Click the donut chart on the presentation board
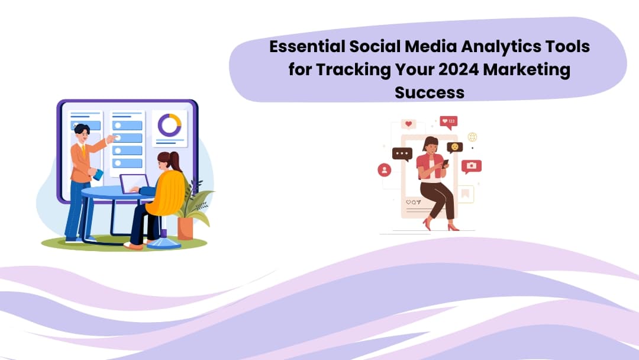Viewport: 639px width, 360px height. tap(169, 125)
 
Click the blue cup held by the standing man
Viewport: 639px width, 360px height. tap(98, 174)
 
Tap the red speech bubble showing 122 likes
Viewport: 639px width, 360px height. tap(448, 122)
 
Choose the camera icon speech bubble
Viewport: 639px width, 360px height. tap(471, 166)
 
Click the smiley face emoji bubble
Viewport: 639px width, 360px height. tap(454, 147)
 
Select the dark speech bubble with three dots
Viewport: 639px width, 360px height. tap(402, 154)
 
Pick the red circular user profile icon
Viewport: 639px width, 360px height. tap(385, 171)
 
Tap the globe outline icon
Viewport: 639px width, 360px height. tap(472, 137)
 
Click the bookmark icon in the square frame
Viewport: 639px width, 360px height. tap(466, 194)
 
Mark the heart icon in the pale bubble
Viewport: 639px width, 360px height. tap(408, 124)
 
